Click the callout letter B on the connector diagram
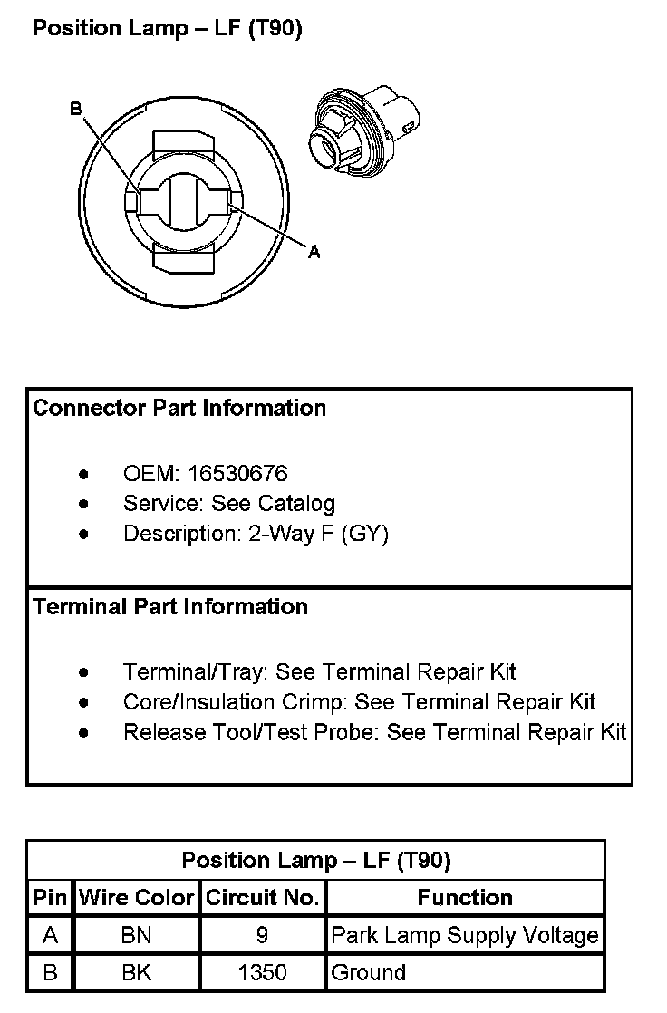point(76,110)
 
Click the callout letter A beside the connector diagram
point(314,252)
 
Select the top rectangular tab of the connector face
point(183,143)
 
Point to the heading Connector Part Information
point(179,408)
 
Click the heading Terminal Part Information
point(170,606)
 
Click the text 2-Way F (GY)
point(318,534)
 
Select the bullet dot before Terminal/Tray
point(84,672)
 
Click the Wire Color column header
point(137,898)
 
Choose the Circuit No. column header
point(263,898)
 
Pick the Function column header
point(465,898)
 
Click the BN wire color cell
point(137,935)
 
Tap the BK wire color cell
point(137,973)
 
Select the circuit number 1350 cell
point(263,973)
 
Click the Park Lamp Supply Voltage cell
point(465,935)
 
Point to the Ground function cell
point(369,973)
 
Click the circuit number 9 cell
point(263,935)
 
